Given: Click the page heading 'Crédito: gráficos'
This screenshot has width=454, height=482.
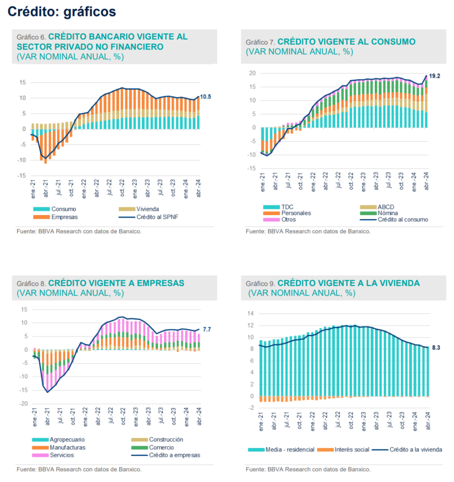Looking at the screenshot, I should pyautogui.click(x=62, y=12).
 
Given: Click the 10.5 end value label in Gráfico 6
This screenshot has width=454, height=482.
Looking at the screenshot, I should pyautogui.click(x=205, y=96).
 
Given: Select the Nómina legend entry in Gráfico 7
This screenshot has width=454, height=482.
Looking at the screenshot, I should pyautogui.click(x=388, y=213).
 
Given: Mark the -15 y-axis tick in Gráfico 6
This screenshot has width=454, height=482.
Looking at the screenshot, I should pyautogui.click(x=22, y=176).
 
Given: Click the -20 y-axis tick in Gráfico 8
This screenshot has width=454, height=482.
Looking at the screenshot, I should pyautogui.click(x=21, y=404).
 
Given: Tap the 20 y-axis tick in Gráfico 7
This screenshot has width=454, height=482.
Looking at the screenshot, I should pyautogui.click(x=252, y=73).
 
